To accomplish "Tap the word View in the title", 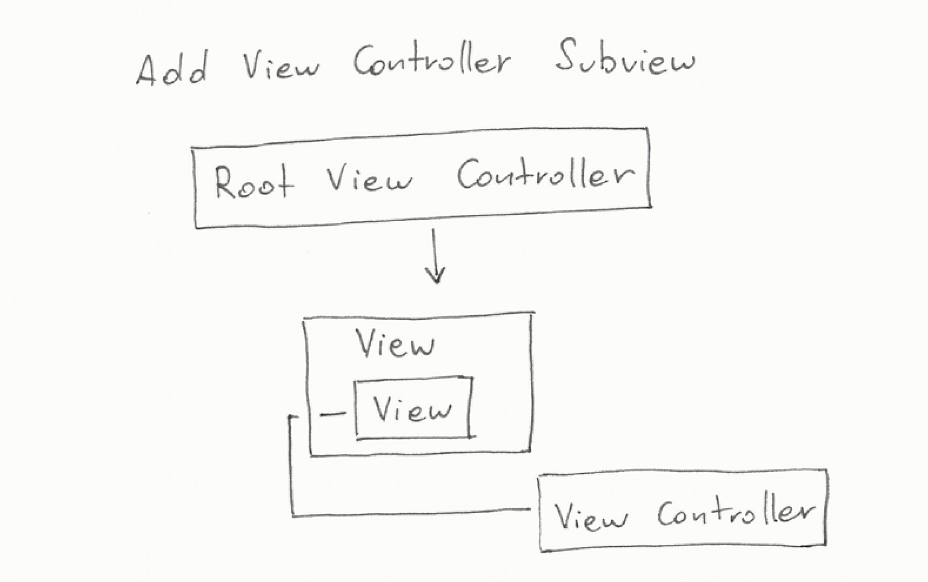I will [x=280, y=65].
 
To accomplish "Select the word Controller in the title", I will [x=431, y=61].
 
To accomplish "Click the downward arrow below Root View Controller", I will [x=434, y=255].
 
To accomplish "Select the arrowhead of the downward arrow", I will [x=435, y=275].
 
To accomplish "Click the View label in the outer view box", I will [x=396, y=344].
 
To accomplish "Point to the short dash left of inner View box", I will [x=333, y=415].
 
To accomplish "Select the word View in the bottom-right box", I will [x=590, y=517].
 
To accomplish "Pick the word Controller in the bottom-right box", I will [x=734, y=513].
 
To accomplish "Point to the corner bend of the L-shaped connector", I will [x=292, y=514].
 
